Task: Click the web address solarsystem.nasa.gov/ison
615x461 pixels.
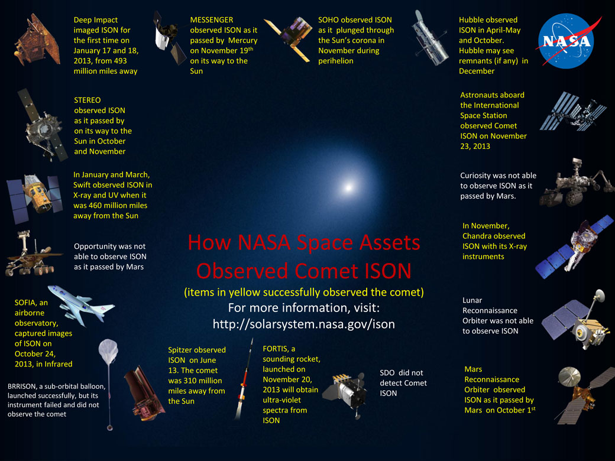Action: [303, 324]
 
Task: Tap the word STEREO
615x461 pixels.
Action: [88, 100]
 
